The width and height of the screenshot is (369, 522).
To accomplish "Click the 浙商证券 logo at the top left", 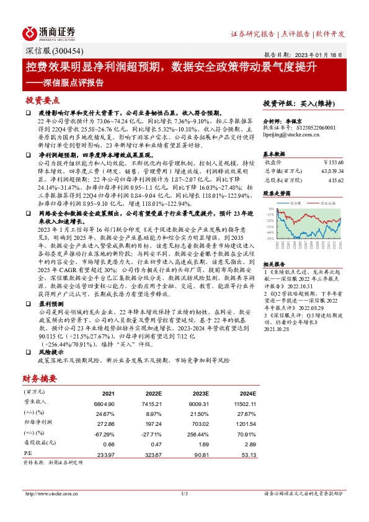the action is pyautogui.click(x=49, y=33).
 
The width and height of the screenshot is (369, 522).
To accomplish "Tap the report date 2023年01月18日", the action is pyautogui.click(x=322, y=54).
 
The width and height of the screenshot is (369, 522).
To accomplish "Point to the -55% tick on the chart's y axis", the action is pyautogui.click(x=270, y=238).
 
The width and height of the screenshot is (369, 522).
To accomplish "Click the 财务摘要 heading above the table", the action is pyautogui.click(x=42, y=378).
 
